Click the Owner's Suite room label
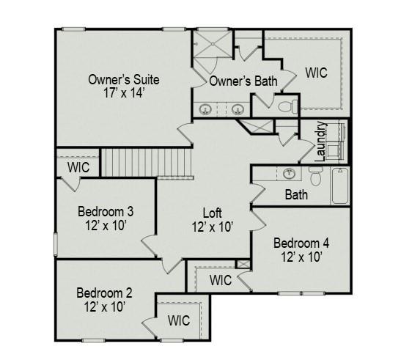click(x=123, y=79)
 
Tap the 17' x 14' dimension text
click(x=123, y=93)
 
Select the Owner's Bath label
click(x=243, y=81)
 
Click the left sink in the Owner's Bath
click(x=207, y=111)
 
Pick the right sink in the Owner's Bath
click(x=238, y=111)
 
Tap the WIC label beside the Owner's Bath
click(x=316, y=73)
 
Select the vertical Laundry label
click(x=320, y=142)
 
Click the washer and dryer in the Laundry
click(x=336, y=142)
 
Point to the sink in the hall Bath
click(x=290, y=175)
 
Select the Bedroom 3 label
click(x=105, y=212)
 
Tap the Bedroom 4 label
click(x=301, y=243)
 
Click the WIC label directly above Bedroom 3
click(x=78, y=167)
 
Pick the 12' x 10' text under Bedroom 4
click(x=301, y=257)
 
